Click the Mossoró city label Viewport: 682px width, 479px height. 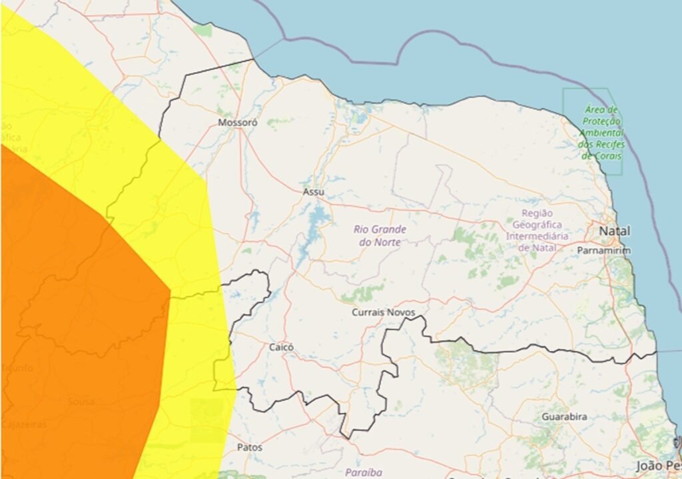click(238, 123)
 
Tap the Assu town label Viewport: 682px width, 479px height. click(313, 192)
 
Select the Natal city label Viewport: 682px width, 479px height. click(615, 231)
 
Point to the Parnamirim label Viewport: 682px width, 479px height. click(603, 250)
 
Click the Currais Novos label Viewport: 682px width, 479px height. click(383, 312)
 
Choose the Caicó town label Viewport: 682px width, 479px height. click(281, 347)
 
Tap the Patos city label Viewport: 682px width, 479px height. click(250, 447)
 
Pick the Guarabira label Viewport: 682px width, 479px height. click(564, 416)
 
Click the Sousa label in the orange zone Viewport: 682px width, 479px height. click(81, 402)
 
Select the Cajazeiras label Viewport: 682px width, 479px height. click(24, 424)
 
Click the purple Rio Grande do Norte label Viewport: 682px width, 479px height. click(380, 236)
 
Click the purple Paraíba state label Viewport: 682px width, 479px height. click(364, 472)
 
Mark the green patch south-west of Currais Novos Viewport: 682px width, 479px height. click(363, 292)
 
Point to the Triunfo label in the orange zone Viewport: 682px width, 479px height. click(17, 368)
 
